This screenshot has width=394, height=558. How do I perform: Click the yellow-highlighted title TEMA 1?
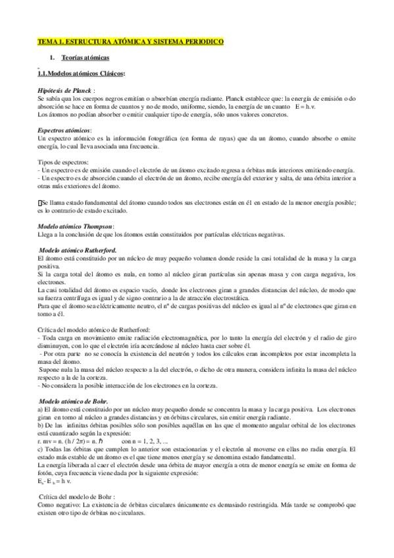point(130,41)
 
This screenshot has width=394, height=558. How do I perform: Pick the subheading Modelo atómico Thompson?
point(76,226)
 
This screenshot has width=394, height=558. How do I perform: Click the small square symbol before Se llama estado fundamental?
point(40,203)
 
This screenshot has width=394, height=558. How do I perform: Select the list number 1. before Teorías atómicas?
point(52,59)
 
